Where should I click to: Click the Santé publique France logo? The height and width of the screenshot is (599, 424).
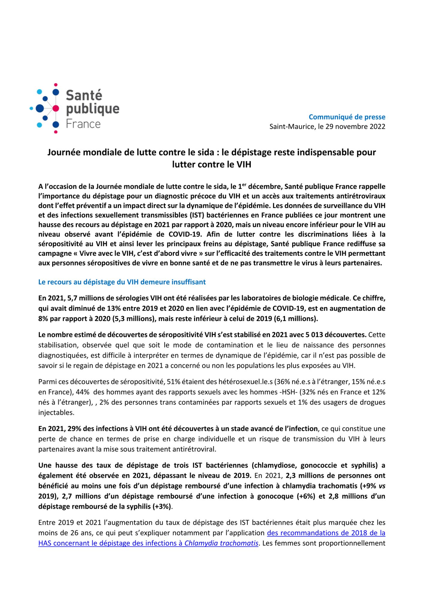[x=74, y=108]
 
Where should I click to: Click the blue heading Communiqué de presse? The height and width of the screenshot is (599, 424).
[x=347, y=117]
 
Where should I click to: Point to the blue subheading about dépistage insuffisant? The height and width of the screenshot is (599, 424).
[x=122, y=282]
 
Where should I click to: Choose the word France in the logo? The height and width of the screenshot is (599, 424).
[x=83, y=124]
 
